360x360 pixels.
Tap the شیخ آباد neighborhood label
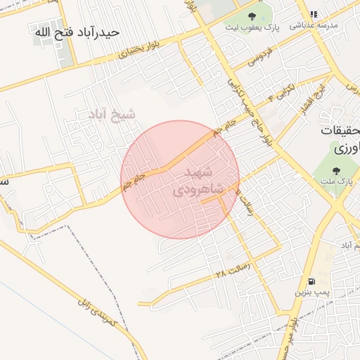pos(112,112)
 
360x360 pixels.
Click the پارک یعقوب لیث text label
pos(252,27)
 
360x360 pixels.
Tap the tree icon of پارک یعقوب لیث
pos(252,16)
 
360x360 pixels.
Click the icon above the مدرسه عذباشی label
pos(314,14)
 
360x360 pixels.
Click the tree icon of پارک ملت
pos(336,170)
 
